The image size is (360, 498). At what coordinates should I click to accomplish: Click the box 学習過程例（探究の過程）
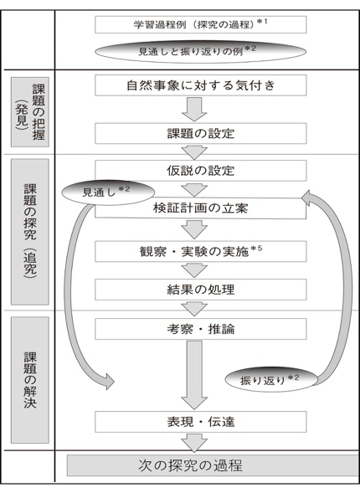pyautogui.click(x=200, y=24)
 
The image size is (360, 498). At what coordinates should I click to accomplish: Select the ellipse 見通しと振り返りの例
pyautogui.click(x=200, y=51)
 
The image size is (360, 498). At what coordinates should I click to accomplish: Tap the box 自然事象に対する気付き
pyautogui.click(x=200, y=85)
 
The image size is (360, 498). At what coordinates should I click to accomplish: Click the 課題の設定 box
pyautogui.click(x=200, y=133)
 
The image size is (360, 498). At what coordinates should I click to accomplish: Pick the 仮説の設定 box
pyautogui.click(x=200, y=171)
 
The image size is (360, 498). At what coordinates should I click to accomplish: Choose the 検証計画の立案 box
pyautogui.click(x=200, y=208)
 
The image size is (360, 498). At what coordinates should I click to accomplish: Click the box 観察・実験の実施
pyautogui.click(x=200, y=251)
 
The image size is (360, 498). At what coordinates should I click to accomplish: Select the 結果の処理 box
pyautogui.click(x=200, y=290)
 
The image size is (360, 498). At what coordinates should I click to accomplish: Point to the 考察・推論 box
pyautogui.click(x=200, y=329)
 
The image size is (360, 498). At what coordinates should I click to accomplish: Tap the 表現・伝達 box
pyautogui.click(x=200, y=422)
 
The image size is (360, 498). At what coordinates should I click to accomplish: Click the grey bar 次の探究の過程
pyautogui.click(x=213, y=465)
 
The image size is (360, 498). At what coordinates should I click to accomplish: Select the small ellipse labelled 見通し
pyautogui.click(x=108, y=193)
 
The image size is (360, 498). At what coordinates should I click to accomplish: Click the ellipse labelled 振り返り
pyautogui.click(x=271, y=379)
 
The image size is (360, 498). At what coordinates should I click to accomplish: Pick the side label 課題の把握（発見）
pyautogui.click(x=30, y=112)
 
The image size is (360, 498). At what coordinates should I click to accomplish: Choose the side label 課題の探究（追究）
pyautogui.click(x=30, y=232)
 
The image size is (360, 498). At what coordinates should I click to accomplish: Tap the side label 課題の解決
pyautogui.click(x=30, y=380)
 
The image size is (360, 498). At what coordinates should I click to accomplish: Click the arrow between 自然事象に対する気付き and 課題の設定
pyautogui.click(x=194, y=110)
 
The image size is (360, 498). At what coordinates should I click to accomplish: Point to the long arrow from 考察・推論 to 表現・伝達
pyautogui.click(x=194, y=375)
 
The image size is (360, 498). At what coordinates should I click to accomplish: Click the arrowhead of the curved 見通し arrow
pyautogui.click(x=110, y=381)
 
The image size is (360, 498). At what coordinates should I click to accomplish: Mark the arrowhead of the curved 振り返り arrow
pyautogui.click(x=307, y=198)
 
